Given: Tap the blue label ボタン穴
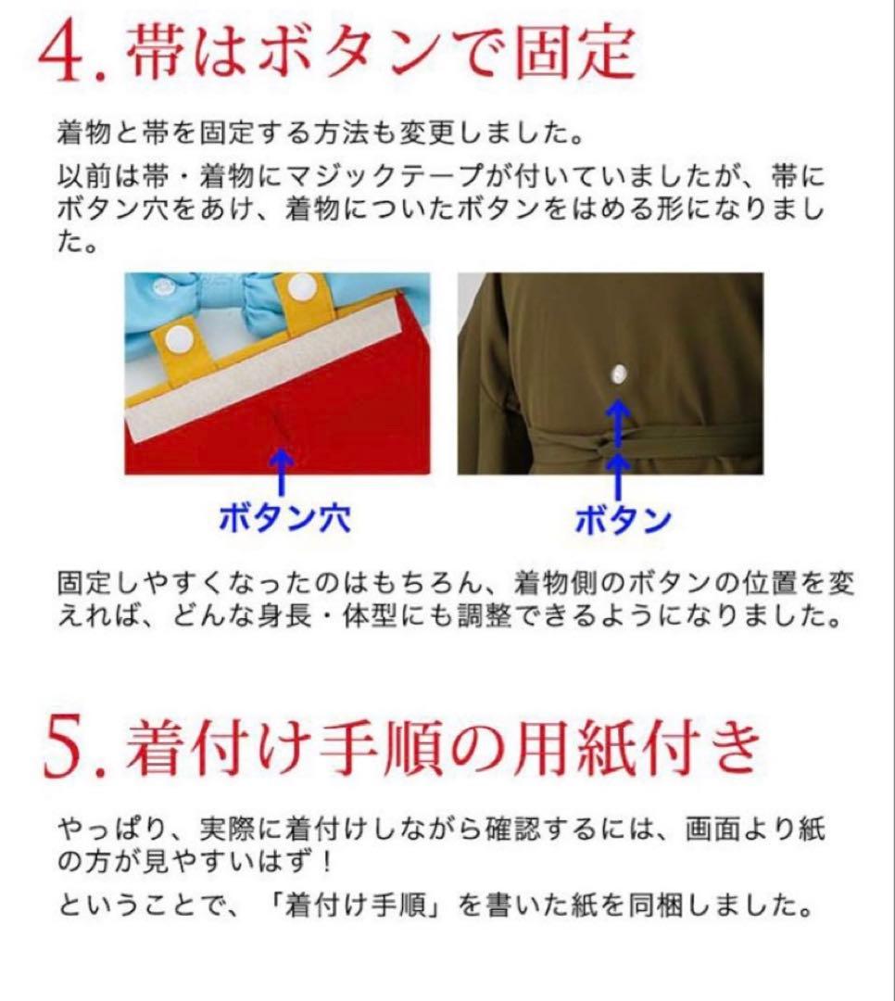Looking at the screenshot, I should pyautogui.click(x=284, y=520).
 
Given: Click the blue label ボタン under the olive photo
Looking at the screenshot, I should pyautogui.click(x=623, y=521).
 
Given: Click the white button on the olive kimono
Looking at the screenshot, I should pyautogui.click(x=618, y=374).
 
